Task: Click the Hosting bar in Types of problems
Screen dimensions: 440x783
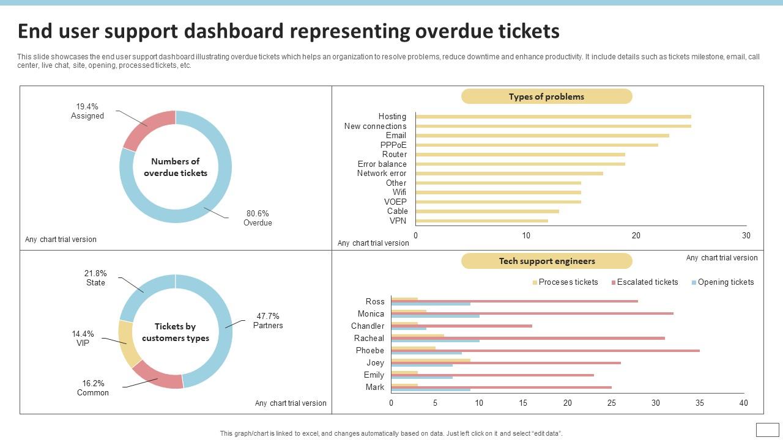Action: point(553,117)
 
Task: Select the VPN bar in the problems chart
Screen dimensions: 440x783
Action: point(481,221)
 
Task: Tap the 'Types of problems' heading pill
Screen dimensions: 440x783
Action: point(546,97)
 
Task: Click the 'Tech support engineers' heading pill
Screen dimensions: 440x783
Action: point(546,261)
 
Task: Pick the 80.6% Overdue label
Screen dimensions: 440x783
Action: point(258,218)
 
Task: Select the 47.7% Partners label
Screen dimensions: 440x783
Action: point(268,321)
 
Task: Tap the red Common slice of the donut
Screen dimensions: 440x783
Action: point(158,376)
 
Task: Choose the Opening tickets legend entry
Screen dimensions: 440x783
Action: point(725,282)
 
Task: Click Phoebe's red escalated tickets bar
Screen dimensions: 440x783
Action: point(545,350)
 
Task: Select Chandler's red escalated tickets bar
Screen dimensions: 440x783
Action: point(461,326)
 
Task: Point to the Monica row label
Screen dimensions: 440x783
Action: point(371,313)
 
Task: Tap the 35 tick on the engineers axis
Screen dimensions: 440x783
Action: point(699,403)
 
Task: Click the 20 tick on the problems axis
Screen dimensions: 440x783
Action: point(636,235)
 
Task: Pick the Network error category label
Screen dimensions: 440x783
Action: point(382,174)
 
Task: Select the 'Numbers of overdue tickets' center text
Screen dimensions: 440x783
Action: point(176,167)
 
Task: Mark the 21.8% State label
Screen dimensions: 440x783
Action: point(95,278)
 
